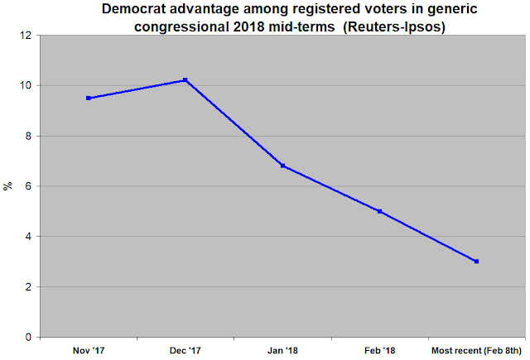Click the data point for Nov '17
click(89, 98)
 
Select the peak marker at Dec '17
click(185, 80)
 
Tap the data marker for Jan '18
click(282, 166)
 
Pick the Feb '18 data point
click(379, 211)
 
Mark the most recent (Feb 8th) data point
click(477, 262)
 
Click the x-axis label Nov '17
click(89, 351)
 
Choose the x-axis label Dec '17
click(185, 351)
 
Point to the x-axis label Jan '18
click(282, 351)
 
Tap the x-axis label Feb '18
click(379, 351)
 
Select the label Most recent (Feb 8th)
click(477, 351)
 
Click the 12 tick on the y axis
click(26, 36)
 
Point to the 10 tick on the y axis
click(26, 86)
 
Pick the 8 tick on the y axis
click(28, 136)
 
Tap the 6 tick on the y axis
click(28, 186)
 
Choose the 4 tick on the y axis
click(28, 237)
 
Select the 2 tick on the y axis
click(28, 287)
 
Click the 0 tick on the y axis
click(28, 337)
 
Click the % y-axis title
click(7, 186)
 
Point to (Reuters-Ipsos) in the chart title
click(394, 26)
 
